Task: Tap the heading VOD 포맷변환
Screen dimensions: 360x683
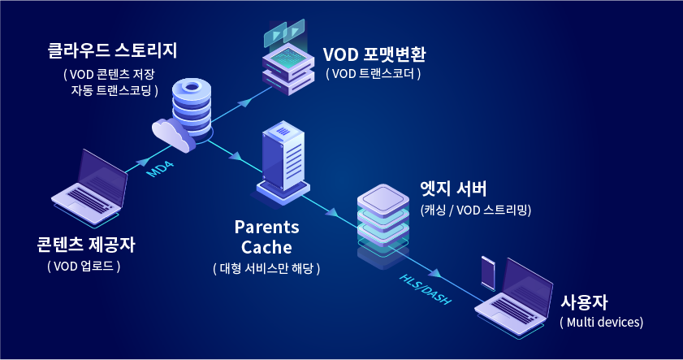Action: [374, 54]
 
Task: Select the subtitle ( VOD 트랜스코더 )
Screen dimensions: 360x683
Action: [373, 74]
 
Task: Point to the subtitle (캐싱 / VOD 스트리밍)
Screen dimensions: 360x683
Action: [475, 210]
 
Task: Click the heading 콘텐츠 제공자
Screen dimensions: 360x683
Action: [85, 245]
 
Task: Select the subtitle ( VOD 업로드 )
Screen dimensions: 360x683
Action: [84, 266]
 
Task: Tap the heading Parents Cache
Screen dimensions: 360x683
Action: [266, 236]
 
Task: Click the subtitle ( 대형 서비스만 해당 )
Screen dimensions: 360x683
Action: [266, 268]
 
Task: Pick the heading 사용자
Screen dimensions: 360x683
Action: [584, 301]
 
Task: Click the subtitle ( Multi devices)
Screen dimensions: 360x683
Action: [602, 323]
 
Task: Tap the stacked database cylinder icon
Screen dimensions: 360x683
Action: [192, 106]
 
